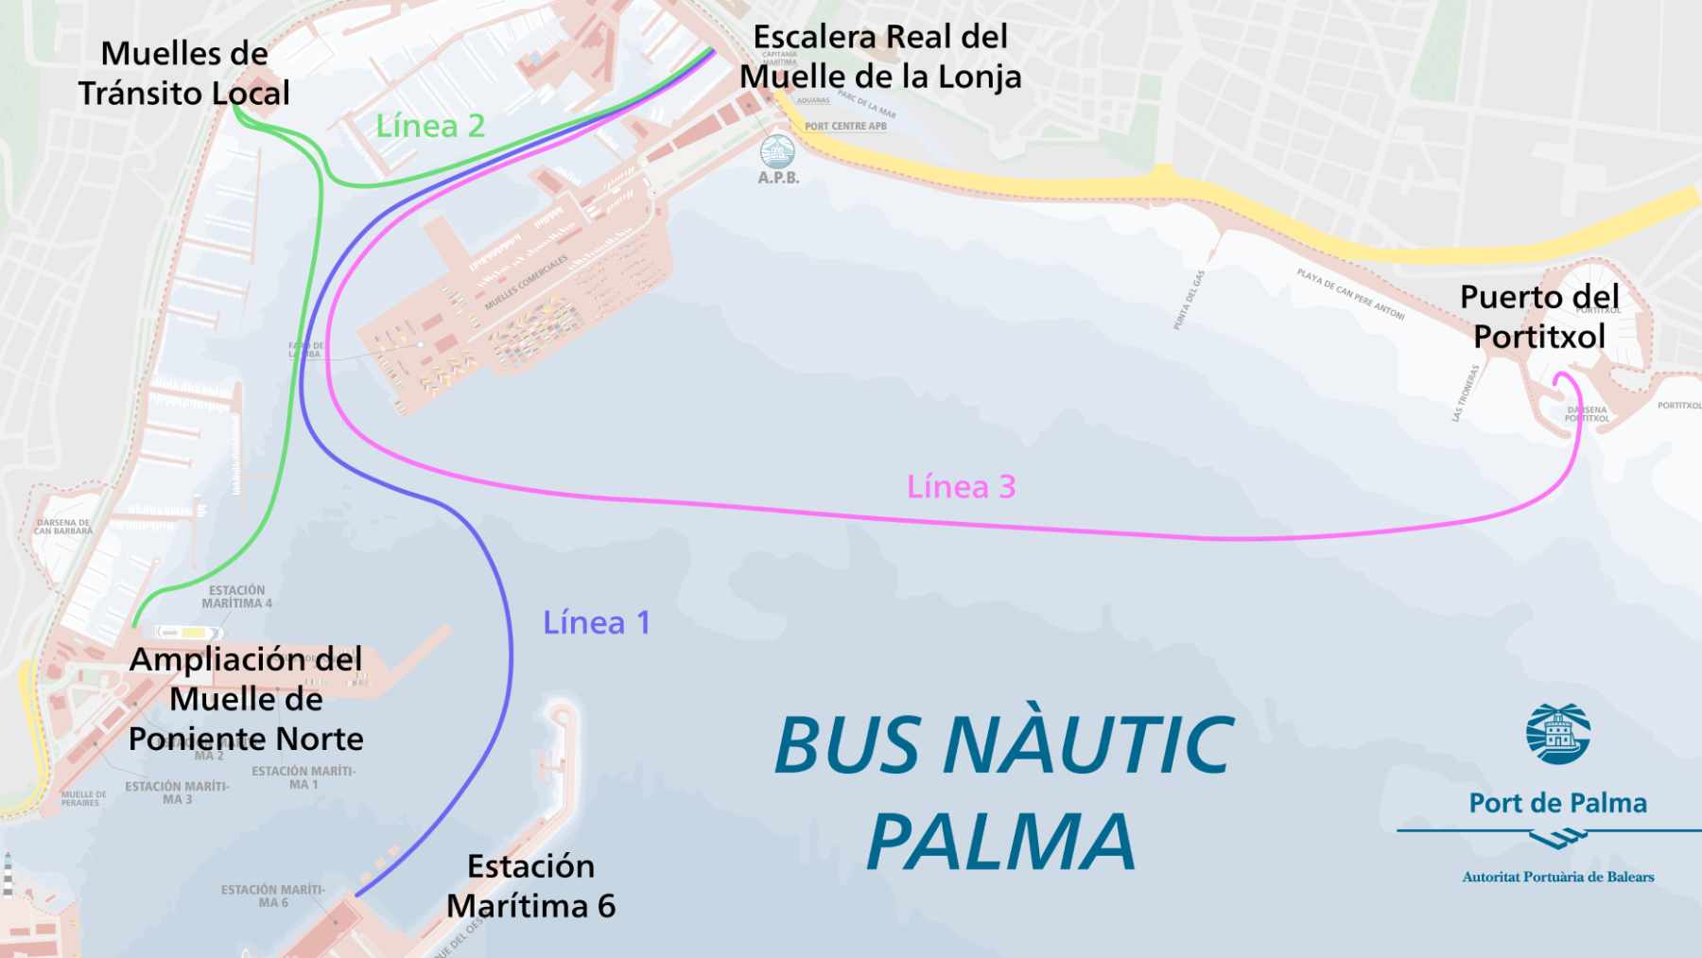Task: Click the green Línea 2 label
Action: point(430,126)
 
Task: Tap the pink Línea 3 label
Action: point(961,487)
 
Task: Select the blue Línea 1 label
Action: point(596,623)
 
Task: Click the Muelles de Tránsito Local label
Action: point(184,74)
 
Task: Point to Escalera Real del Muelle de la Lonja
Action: point(880,57)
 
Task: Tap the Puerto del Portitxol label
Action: point(1539,317)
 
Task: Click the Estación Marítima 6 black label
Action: point(530,886)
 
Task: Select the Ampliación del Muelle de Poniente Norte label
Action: point(246,699)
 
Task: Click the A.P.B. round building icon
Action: point(777,151)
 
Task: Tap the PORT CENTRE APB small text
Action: point(845,126)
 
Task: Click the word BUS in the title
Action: point(846,745)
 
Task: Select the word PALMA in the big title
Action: point(1000,842)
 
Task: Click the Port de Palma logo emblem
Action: point(1557,733)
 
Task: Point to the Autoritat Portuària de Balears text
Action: point(1557,877)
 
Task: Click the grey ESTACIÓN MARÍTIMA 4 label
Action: point(236,597)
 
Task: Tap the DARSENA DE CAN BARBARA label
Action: point(63,527)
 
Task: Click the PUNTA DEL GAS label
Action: point(1189,300)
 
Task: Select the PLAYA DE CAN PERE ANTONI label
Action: point(1350,294)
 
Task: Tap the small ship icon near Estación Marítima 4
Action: point(188,632)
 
